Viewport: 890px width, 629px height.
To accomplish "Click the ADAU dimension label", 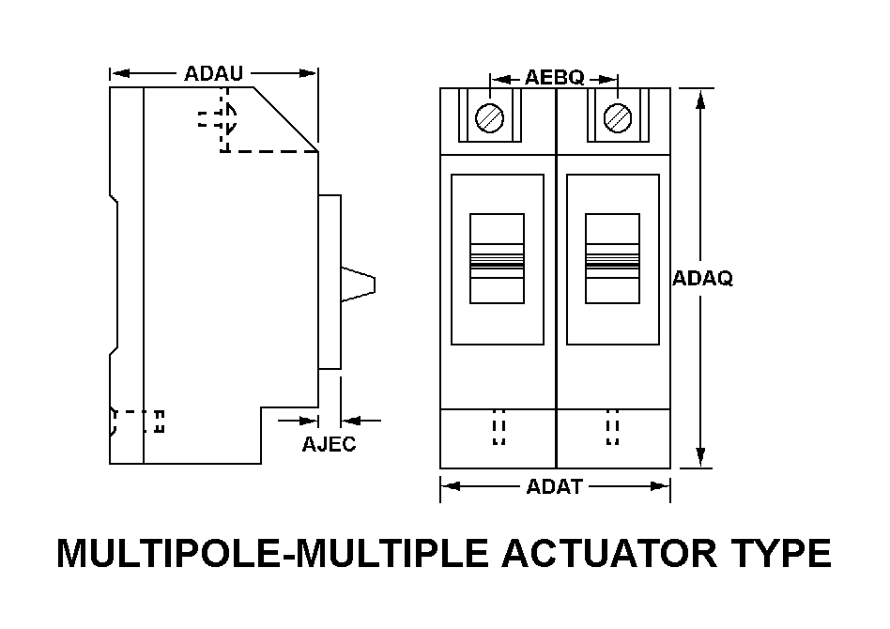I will point(214,73).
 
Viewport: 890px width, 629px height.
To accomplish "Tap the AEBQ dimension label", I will point(554,78).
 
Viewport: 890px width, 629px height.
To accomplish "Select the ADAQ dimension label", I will point(703,279).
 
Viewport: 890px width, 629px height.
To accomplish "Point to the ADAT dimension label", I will point(555,486).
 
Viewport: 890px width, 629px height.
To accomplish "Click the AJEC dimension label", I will point(329,444).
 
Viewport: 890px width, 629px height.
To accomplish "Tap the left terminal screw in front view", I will point(490,119).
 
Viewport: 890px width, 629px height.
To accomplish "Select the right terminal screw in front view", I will point(617,119).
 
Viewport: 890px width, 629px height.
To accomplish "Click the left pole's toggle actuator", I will point(497,258).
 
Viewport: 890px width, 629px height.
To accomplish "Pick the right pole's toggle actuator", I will point(612,258).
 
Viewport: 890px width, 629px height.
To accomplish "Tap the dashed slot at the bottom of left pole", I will point(499,427).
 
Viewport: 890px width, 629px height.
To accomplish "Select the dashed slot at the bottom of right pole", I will point(613,427).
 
